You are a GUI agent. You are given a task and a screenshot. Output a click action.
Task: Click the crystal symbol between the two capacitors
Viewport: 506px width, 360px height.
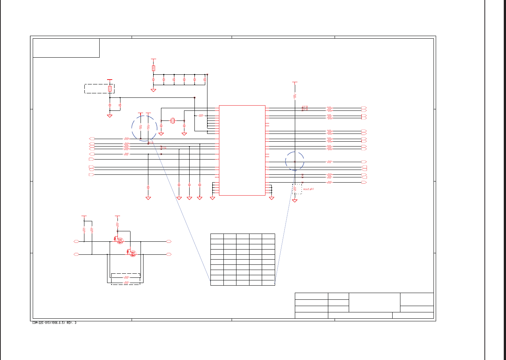[173, 120]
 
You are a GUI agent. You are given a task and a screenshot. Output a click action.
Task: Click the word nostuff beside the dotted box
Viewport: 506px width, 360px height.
[309, 189]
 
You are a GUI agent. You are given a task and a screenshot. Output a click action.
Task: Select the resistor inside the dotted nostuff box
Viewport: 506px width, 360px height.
[295, 189]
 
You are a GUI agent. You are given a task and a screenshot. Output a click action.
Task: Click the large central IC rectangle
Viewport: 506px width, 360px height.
[242, 150]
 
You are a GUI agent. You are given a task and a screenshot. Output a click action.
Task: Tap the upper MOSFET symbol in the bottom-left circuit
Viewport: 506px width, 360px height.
[119, 241]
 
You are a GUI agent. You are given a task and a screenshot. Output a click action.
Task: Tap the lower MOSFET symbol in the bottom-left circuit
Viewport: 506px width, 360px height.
[133, 253]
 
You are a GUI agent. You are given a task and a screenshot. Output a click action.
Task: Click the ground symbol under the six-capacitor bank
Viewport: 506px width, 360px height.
[153, 90]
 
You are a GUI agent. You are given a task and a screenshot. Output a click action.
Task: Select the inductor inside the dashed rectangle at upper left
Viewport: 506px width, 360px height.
[110, 89]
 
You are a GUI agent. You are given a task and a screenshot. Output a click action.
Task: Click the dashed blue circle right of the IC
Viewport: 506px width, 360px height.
[295, 161]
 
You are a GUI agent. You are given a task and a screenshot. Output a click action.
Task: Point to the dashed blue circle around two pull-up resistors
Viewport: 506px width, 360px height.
[144, 128]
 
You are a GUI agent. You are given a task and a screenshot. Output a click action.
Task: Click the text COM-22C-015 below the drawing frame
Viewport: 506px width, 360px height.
[54, 323]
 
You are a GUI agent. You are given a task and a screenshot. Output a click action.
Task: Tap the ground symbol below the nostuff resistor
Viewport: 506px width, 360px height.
[295, 201]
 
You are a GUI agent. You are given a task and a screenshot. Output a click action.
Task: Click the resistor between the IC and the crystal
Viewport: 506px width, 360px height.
[201, 116]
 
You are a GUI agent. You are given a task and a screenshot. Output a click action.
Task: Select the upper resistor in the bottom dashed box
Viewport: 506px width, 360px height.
[126, 277]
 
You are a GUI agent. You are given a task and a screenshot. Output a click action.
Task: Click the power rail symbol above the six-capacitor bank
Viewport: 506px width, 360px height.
[154, 59]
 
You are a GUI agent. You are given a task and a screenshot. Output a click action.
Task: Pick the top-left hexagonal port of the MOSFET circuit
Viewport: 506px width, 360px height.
[76, 242]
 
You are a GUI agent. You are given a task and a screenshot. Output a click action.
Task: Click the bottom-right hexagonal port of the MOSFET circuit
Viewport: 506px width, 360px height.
[169, 254]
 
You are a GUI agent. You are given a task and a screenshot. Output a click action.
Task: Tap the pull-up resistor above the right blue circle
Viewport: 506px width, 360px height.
[295, 96]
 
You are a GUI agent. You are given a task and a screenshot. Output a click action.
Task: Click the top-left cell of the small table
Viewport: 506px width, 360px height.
[217, 236]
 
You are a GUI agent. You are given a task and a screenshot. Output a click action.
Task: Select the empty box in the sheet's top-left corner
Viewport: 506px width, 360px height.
[66, 48]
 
